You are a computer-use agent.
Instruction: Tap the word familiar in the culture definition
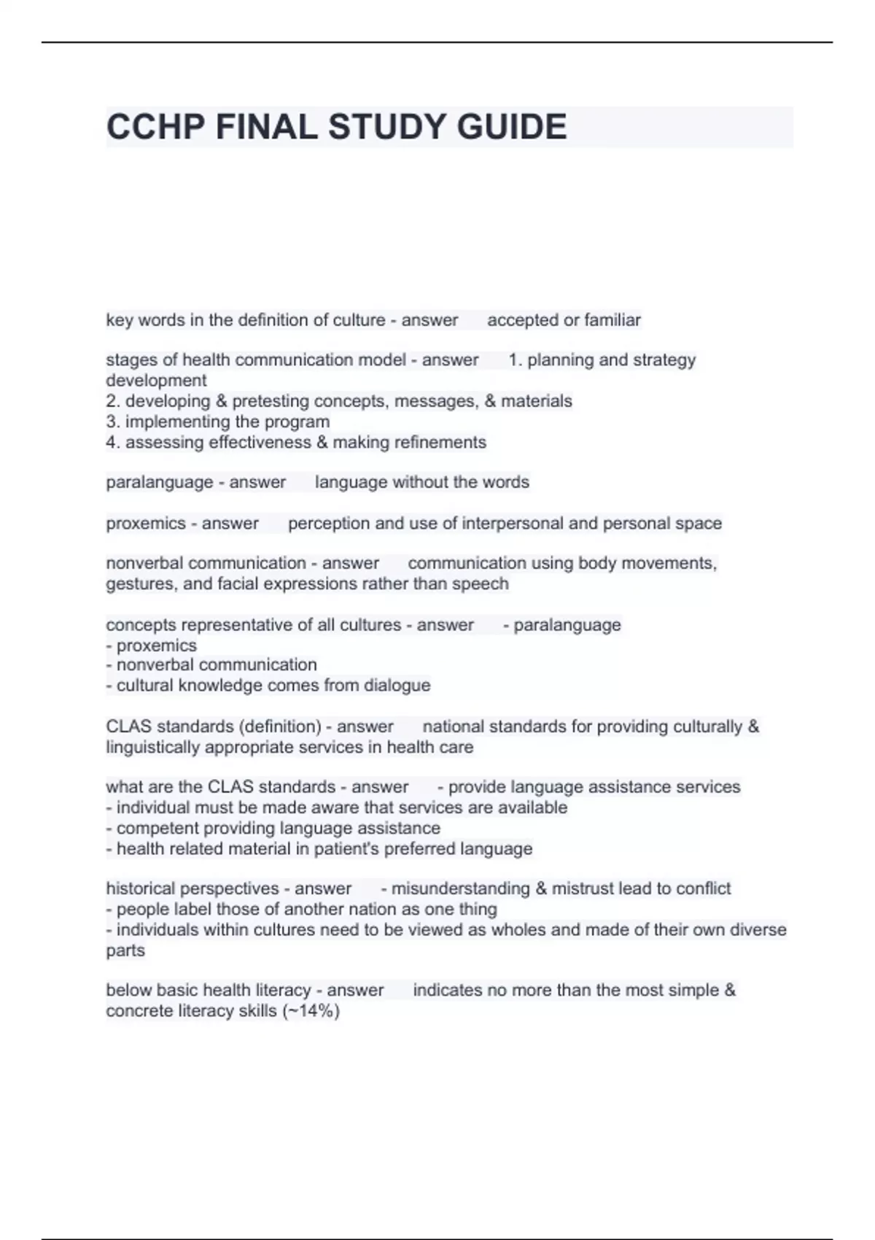(x=612, y=319)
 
